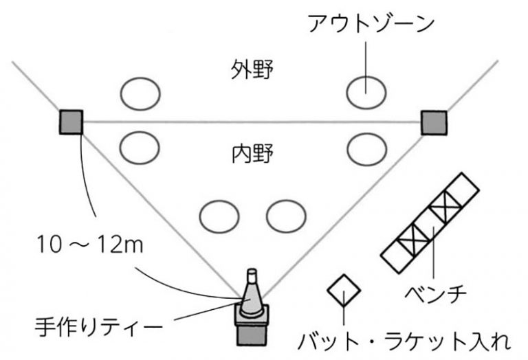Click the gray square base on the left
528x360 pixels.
71,122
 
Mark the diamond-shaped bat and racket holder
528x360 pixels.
343,291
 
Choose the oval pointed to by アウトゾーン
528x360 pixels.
365,92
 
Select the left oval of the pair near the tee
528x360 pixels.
219,216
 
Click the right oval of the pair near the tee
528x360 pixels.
286,216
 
